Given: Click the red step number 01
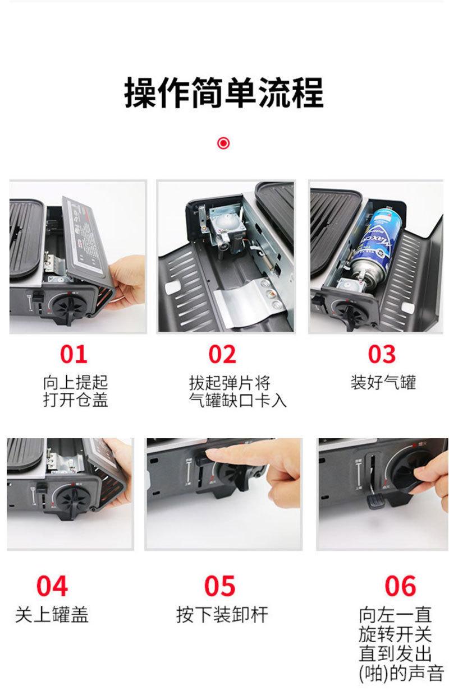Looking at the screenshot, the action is coord(74,354).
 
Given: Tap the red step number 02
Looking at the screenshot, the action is coord(222,354).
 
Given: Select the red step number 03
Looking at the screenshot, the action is coord(382,354).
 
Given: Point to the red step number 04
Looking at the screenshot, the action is coord(52,586).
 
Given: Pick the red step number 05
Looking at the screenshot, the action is coord(219,586).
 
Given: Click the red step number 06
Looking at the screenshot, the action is coord(400,586).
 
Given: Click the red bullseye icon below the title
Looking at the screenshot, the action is coord(223,143).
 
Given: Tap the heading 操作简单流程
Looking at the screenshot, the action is coord(224,93).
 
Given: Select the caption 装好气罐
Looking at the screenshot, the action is coord(383,383).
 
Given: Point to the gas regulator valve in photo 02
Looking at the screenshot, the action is coord(223,230).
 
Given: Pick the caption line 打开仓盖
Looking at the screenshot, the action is coord(75,400).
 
